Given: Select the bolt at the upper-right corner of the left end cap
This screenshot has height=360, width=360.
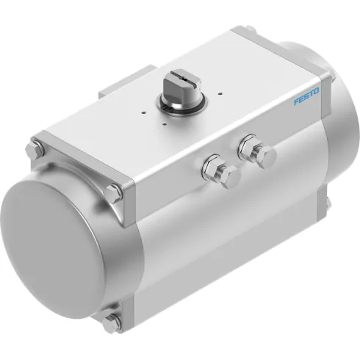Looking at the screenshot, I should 115,192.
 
